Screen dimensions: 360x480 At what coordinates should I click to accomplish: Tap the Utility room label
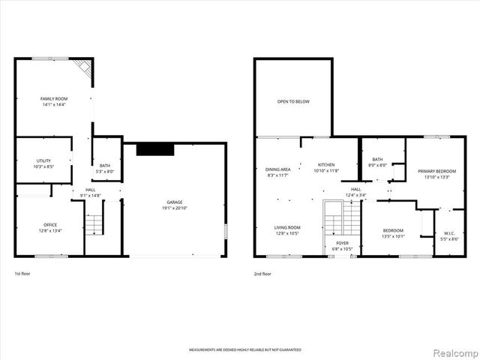pos(43,160)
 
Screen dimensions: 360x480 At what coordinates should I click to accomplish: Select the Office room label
pos(50,225)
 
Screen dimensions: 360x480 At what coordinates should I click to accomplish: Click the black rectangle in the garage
pos(155,149)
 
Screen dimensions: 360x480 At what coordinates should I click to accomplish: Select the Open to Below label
pos(292,101)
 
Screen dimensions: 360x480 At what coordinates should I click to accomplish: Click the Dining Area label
pos(277,169)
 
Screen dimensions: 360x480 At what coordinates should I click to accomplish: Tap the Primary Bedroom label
pos(436,171)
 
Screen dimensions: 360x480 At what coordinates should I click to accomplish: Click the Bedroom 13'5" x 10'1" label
pos(393,230)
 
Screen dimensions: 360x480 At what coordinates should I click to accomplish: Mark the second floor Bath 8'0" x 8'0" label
pos(377,159)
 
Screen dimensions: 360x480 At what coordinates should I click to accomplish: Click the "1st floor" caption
pos(23,274)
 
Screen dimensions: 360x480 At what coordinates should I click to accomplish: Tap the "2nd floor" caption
pos(262,274)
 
